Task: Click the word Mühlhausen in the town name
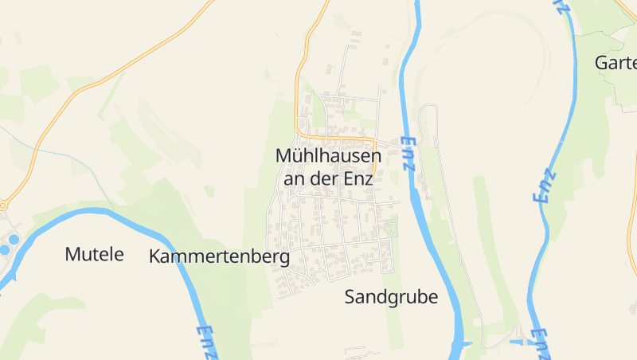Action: pyautogui.click(x=328, y=156)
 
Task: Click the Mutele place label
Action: pyautogui.click(x=95, y=255)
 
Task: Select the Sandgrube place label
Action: pyautogui.click(x=391, y=297)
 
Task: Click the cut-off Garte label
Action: pyautogui.click(x=616, y=62)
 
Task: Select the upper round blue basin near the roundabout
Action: pyautogui.click(x=14, y=239)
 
